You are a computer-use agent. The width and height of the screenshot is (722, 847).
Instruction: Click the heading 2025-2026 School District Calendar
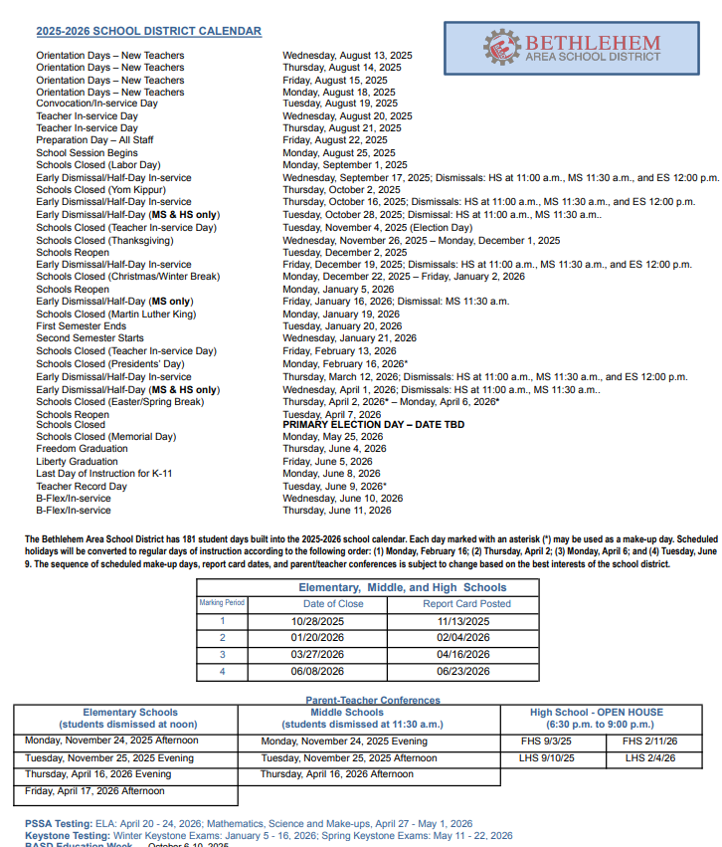coord(148,32)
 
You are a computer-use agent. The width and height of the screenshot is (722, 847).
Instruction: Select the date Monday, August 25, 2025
coord(338,153)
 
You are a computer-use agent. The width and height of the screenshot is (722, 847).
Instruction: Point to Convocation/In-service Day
coord(96,104)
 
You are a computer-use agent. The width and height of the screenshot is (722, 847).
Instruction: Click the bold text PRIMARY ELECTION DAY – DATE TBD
coord(373,425)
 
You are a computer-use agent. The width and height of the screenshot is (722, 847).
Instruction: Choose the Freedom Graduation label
coord(82,449)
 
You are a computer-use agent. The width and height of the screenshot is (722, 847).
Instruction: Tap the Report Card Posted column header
coord(466,603)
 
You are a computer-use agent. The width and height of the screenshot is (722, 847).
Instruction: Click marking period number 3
coord(223,654)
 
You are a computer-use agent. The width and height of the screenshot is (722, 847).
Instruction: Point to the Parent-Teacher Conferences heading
coord(372,701)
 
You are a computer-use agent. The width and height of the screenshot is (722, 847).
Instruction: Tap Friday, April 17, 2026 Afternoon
coord(94,791)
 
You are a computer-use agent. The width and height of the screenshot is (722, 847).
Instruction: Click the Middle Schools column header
coord(347,713)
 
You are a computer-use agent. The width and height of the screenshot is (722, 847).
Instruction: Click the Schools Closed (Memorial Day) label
coord(105,437)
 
